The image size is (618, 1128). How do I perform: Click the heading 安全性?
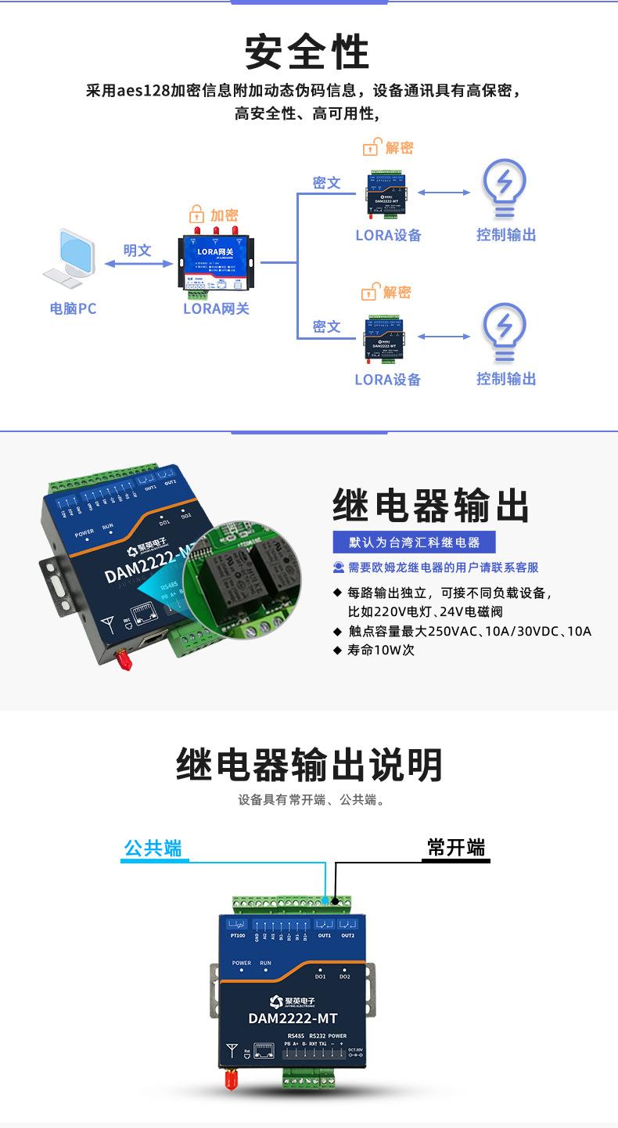click(x=307, y=52)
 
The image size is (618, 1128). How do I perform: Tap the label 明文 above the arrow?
click(x=137, y=250)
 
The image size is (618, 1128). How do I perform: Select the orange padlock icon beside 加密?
click(x=196, y=214)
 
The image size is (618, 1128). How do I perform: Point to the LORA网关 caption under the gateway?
click(x=216, y=308)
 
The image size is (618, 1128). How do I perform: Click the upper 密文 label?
click(x=326, y=182)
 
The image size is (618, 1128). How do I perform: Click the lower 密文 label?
click(x=326, y=326)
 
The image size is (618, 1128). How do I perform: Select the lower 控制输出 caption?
click(x=506, y=379)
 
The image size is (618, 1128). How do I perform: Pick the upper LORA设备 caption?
click(x=388, y=235)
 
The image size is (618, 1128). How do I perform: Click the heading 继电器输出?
click(x=431, y=506)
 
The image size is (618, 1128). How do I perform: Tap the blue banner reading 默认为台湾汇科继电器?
click(x=415, y=542)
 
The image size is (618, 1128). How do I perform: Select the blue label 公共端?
click(x=153, y=848)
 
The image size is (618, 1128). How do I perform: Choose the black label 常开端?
click(x=456, y=848)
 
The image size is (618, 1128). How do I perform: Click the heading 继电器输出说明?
click(x=309, y=765)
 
